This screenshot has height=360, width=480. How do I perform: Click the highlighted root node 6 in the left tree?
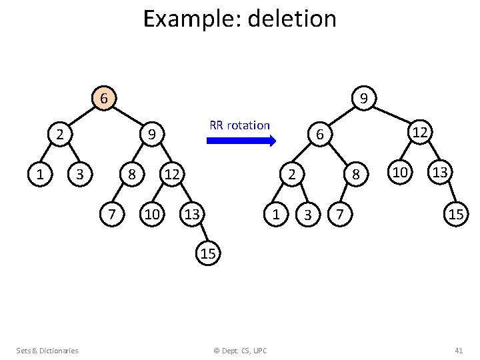pyautogui.click(x=103, y=99)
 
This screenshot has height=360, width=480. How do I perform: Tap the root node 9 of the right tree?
pyautogui.click(x=364, y=99)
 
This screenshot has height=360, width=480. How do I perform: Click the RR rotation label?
pyautogui.click(x=239, y=125)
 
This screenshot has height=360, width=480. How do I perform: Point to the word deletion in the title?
pyautogui.click(x=292, y=19)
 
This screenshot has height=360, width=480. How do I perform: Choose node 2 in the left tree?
pyautogui.click(x=60, y=135)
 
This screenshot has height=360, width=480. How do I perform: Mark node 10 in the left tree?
pyautogui.click(x=152, y=214)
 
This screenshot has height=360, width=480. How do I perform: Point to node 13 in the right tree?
pyautogui.click(x=441, y=173)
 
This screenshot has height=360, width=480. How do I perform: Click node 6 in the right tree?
pyautogui.click(x=320, y=135)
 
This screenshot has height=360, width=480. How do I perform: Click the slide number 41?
pyautogui.click(x=458, y=351)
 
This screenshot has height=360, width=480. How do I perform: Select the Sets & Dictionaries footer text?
pyautogui.click(x=47, y=351)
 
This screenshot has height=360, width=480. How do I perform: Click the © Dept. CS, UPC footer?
pyautogui.click(x=240, y=351)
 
